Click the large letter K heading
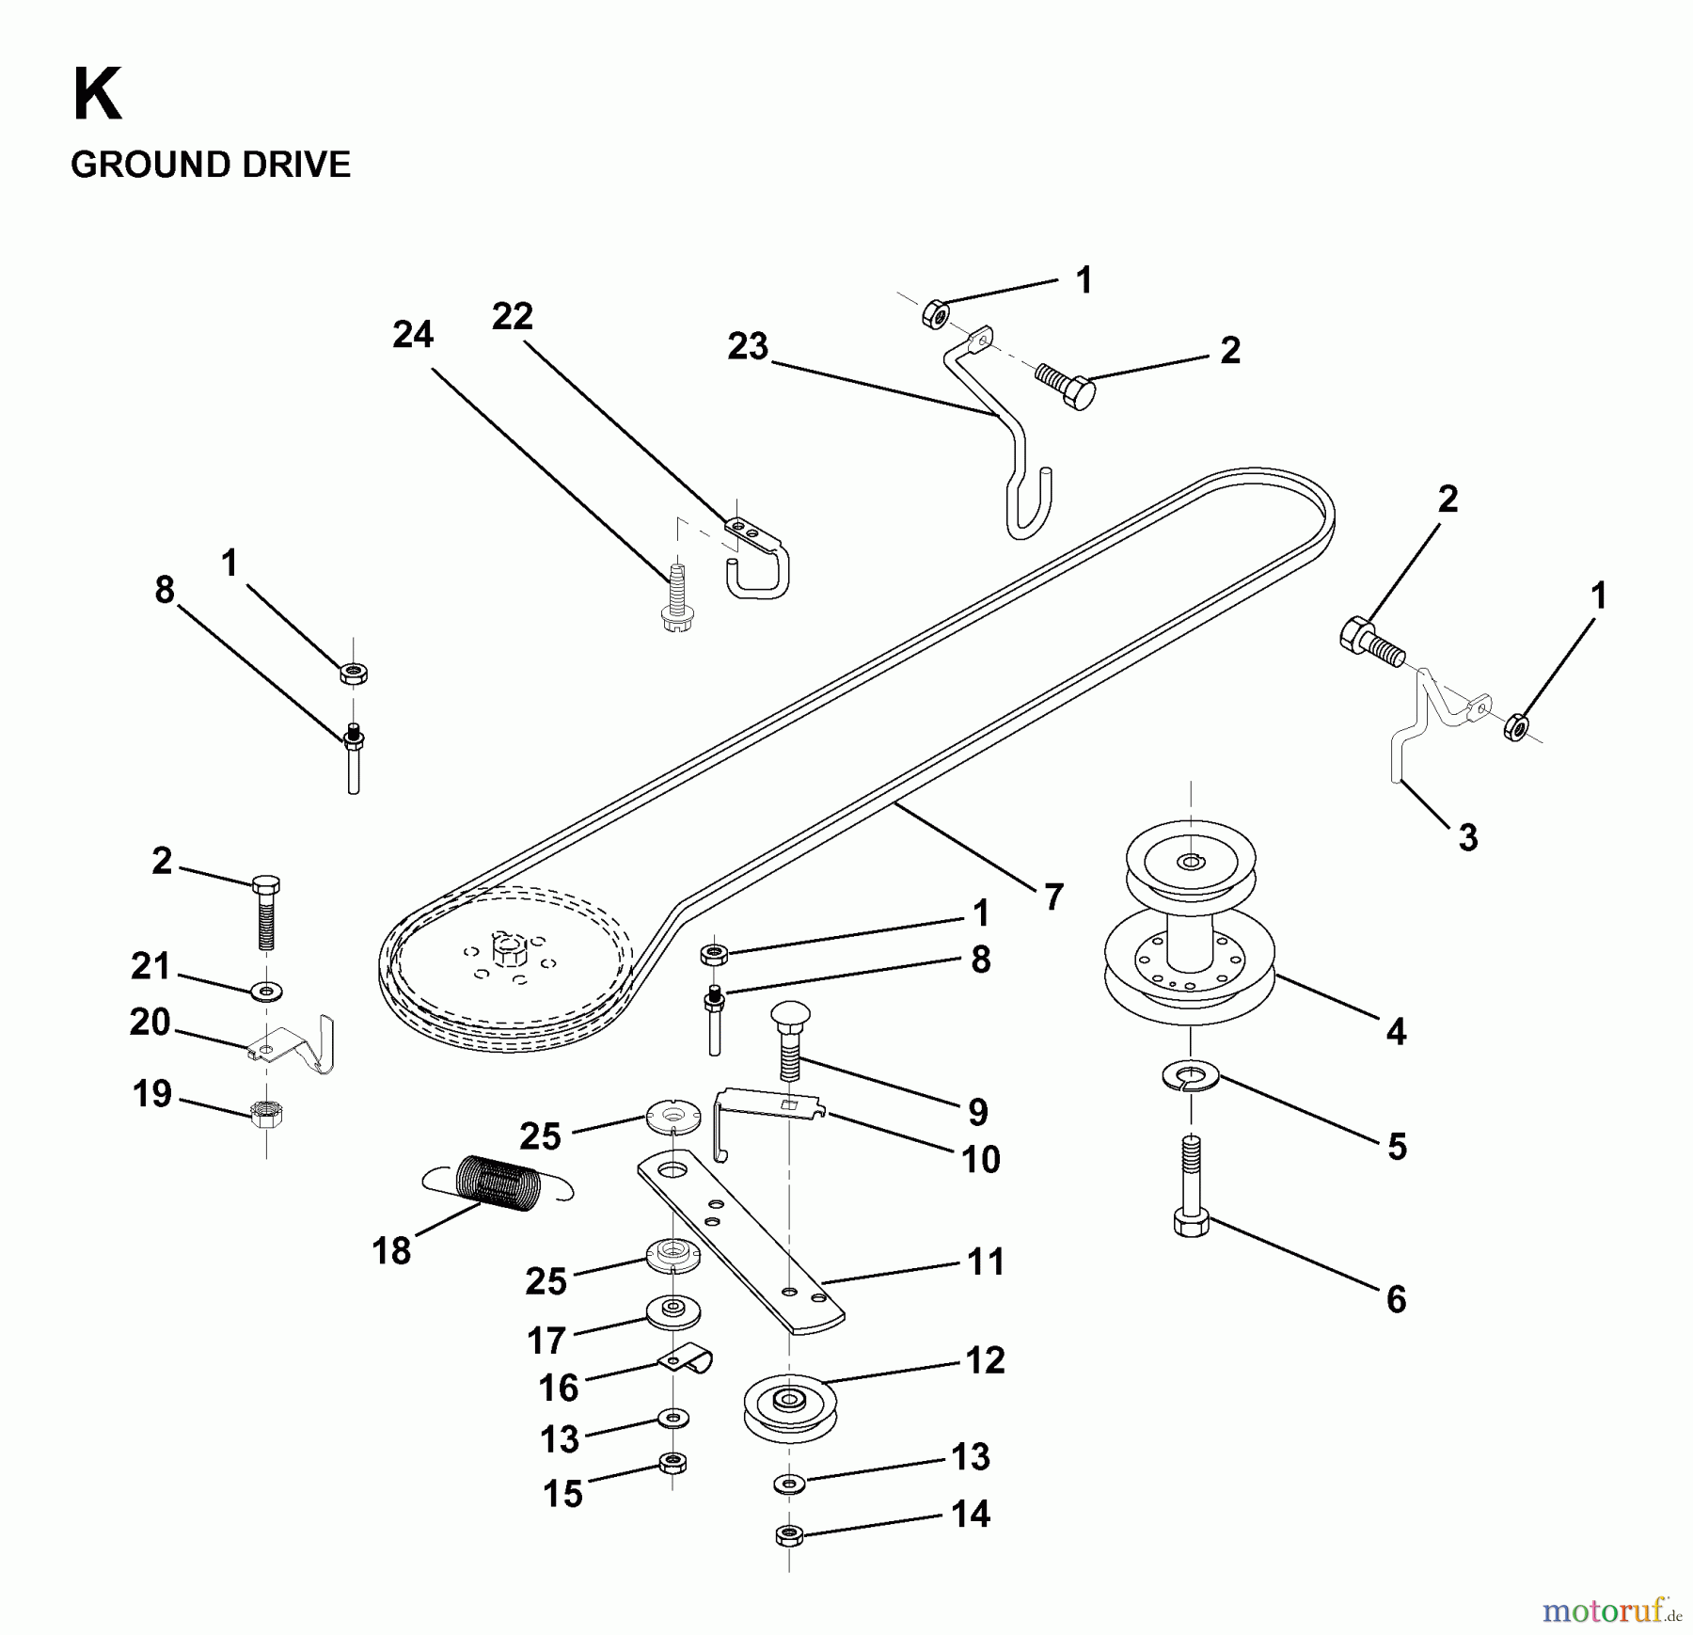(x=97, y=96)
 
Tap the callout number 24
(x=413, y=335)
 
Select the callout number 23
(x=748, y=347)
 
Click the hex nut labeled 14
(x=789, y=1536)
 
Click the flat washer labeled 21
(x=268, y=991)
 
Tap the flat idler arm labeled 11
(x=739, y=1242)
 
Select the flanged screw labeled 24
(x=677, y=598)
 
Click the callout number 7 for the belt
(x=1052, y=897)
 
